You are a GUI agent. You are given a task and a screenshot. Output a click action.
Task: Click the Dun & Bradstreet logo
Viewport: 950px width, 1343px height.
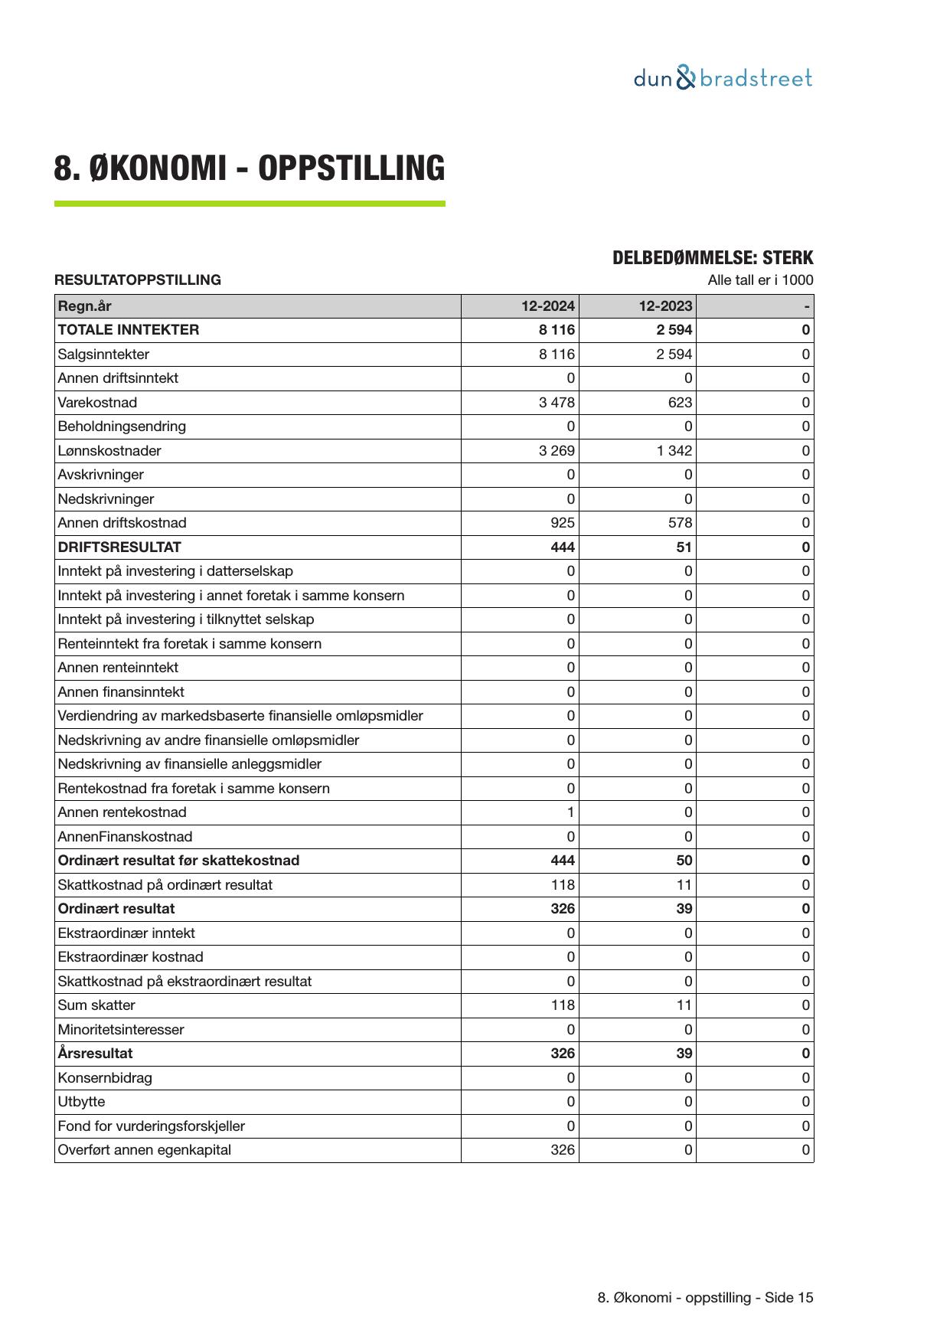coord(723,78)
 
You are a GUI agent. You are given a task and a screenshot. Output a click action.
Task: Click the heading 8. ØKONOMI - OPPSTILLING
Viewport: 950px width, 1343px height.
coord(249,168)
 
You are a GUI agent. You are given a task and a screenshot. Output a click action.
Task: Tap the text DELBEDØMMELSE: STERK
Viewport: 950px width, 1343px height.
coord(712,258)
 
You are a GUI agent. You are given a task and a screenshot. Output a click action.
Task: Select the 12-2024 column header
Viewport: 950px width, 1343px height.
coord(547,306)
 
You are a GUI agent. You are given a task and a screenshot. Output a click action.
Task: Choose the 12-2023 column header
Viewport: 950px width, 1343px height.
coord(665,306)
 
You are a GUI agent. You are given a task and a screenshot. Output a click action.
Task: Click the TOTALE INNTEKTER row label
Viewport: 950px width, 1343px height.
coord(128,330)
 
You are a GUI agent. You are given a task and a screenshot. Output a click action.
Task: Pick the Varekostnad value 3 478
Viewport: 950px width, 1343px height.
coord(557,403)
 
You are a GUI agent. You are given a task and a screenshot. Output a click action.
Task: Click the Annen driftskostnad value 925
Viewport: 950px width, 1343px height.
coord(563,523)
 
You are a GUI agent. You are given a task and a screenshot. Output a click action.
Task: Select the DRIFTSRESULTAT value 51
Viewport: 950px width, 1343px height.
coord(684,547)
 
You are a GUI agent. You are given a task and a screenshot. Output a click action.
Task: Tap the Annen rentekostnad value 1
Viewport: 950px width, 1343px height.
coord(570,812)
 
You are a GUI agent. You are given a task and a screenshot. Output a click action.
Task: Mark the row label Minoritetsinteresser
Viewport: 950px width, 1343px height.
coord(120,1030)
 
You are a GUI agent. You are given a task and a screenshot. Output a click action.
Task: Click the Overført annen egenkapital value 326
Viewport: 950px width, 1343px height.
coord(563,1150)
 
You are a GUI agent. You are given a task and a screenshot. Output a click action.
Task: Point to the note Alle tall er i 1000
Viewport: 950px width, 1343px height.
coord(759,280)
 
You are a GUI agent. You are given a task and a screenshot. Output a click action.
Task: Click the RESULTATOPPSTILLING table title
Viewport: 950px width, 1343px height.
coord(137,280)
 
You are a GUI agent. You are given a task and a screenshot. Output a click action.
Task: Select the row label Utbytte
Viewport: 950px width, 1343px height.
coord(81,1102)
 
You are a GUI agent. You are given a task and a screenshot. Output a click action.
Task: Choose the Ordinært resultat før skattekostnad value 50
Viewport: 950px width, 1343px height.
coord(684,861)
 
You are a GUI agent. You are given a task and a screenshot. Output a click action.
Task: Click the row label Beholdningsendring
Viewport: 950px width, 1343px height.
coord(121,426)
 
